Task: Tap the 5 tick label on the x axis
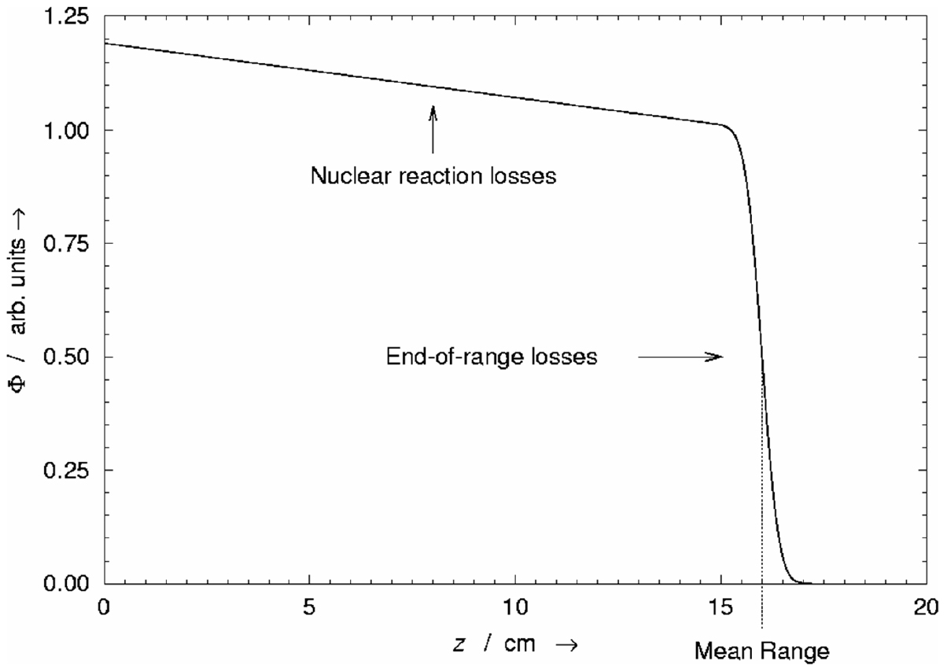[x=309, y=608]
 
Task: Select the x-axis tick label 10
[x=515, y=608]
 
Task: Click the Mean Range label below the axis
[x=762, y=652]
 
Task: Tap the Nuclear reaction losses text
[x=433, y=175]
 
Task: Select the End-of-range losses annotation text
[x=492, y=357]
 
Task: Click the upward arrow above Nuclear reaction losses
[x=432, y=127]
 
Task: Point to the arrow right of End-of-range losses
[x=680, y=357]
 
